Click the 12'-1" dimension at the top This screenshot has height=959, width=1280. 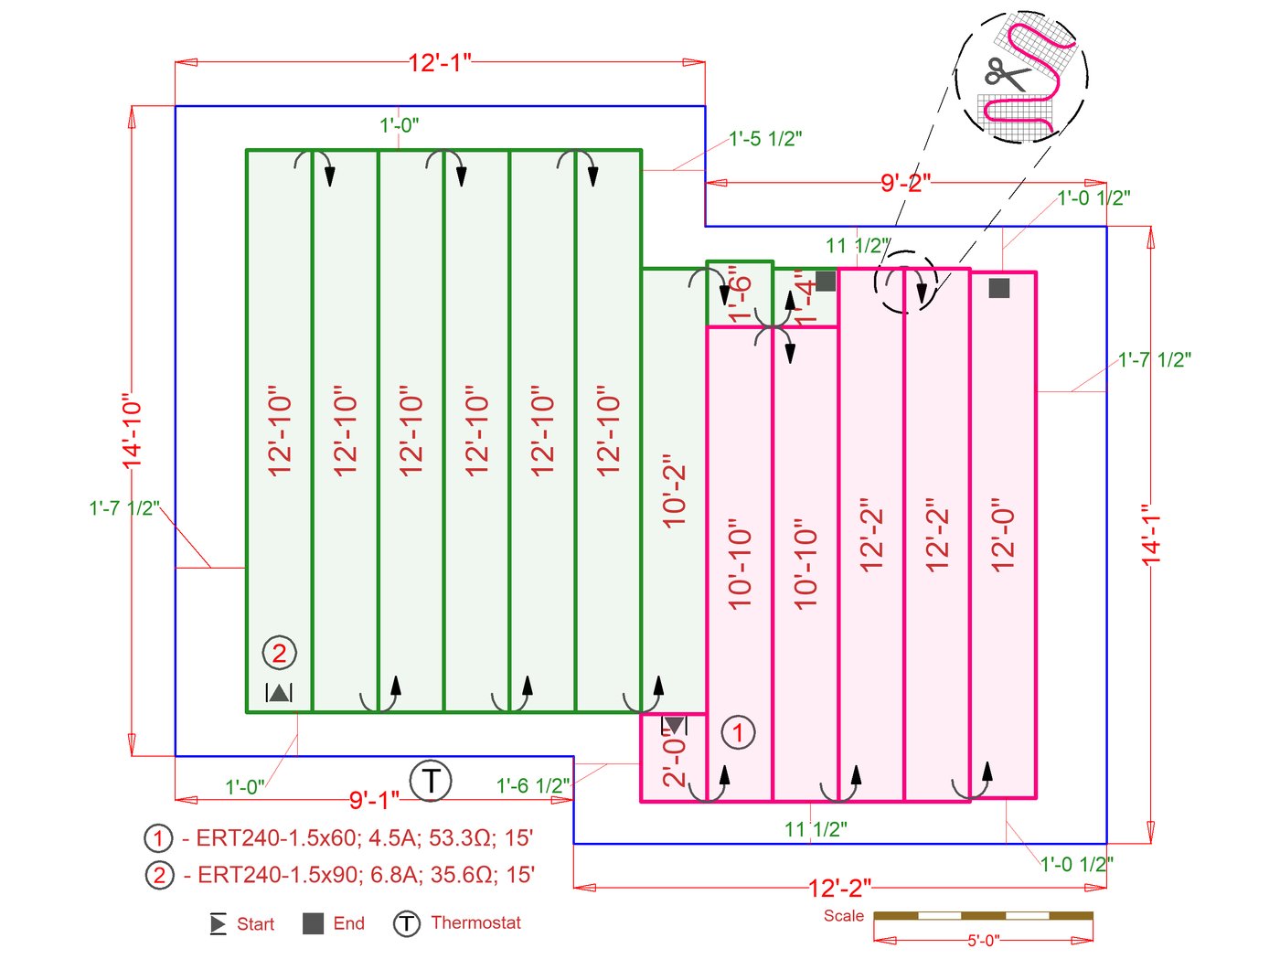pos(440,63)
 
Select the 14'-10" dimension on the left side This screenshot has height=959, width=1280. pos(133,432)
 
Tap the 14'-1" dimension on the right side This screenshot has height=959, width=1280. pos(1151,535)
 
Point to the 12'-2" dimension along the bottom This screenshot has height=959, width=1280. pos(839,888)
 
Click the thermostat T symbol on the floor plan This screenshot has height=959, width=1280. pos(430,782)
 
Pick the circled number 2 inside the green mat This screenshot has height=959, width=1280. pos(280,653)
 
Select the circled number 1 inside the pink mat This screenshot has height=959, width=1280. pos(738,732)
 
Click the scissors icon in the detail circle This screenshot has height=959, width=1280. pos(1007,73)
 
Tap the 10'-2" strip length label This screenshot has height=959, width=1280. pos(675,491)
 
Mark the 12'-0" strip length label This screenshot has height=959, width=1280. pos(1003,536)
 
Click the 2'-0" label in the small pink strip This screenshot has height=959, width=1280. pos(674,761)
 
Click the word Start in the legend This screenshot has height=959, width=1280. pos(255,924)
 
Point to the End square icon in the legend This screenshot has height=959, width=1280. pos(313,923)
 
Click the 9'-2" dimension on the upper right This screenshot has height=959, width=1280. pos(905,183)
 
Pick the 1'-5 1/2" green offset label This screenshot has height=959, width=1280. pos(765,139)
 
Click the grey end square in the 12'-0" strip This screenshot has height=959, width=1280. pos(999,288)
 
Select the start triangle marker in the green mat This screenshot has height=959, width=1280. pos(279,693)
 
